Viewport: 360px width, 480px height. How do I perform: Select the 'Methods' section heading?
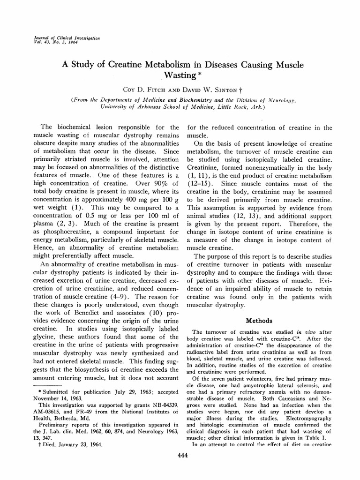pyautogui.click(x=258, y=321)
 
